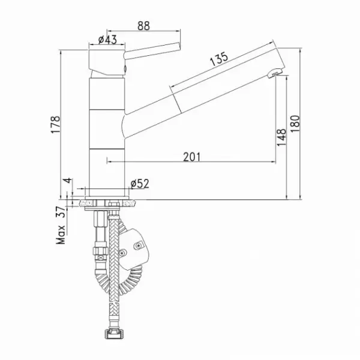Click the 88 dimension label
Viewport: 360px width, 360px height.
coord(144,26)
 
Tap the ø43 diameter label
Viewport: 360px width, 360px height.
coord(107,40)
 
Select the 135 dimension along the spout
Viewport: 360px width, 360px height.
coord(219,59)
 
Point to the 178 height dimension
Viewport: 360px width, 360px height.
coord(55,124)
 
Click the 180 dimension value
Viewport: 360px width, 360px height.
coord(295,124)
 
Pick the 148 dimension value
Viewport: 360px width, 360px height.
coord(281,137)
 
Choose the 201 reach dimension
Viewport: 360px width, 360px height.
coord(192,157)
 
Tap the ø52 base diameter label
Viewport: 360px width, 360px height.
coord(140,184)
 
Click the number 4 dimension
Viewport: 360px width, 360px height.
coord(68,181)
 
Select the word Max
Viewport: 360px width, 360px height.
coord(61,235)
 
